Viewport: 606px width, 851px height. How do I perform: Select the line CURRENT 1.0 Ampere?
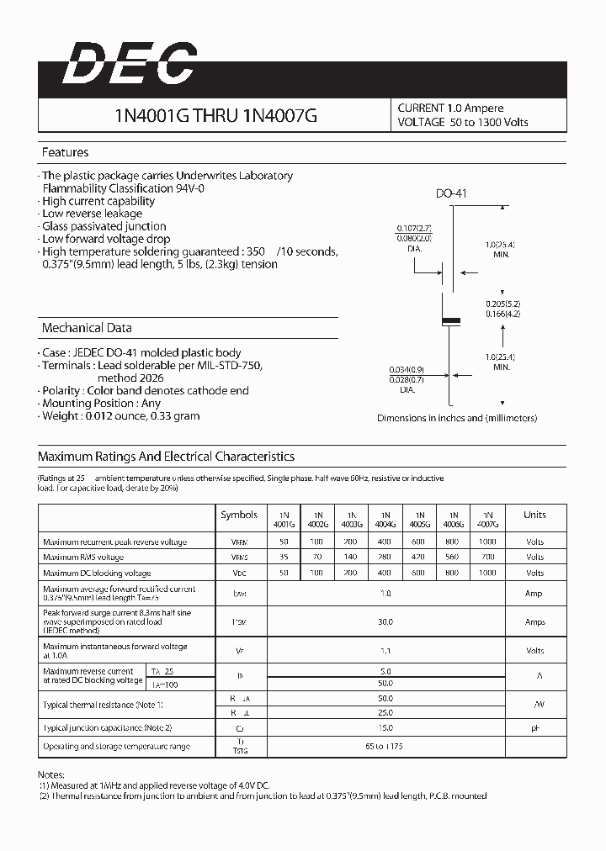coord(450,108)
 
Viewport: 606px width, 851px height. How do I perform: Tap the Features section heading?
coord(65,152)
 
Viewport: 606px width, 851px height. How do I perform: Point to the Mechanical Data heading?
coord(87,328)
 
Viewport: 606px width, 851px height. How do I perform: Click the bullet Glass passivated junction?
coord(104,226)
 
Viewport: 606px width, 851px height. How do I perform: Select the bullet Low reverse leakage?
coord(92,214)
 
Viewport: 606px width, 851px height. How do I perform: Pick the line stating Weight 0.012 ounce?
coord(120,415)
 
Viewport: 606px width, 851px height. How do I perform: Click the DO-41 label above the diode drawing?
coord(451,194)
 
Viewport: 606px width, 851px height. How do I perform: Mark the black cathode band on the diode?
coord(452,320)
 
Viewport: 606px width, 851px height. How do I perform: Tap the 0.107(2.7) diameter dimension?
coord(414,228)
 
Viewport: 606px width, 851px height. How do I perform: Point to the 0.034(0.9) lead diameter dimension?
coord(407,369)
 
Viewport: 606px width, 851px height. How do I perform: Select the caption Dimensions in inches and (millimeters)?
coord(456,418)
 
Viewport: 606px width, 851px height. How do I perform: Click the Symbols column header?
coord(239,515)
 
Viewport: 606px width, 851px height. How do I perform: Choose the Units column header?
coord(534,515)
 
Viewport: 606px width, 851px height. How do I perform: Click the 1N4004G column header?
coord(385,519)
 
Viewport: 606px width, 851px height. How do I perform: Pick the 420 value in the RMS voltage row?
coord(418,558)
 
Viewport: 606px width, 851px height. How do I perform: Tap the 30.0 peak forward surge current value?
coord(385,622)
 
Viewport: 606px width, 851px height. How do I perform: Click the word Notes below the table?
coord(51,773)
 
